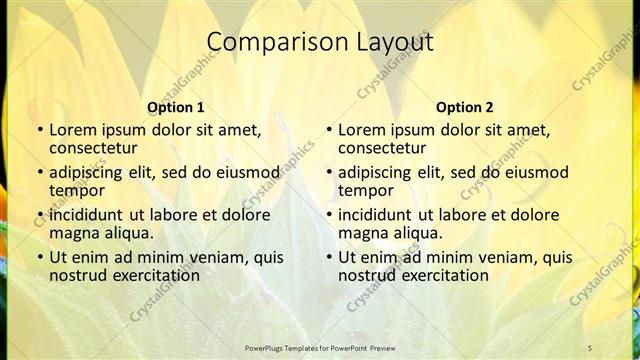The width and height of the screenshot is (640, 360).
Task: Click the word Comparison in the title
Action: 265,43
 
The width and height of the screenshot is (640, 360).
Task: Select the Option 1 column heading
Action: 176,107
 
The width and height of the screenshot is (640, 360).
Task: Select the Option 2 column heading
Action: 465,107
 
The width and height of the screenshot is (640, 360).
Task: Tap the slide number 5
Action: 590,347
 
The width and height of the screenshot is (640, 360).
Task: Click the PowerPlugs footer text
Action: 320,347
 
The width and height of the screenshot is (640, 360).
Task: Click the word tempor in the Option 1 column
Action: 77,190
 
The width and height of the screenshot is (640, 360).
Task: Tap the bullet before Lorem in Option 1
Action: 39,131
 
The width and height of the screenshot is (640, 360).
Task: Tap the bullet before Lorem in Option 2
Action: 328,131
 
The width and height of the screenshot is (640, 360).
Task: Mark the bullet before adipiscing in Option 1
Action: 39,173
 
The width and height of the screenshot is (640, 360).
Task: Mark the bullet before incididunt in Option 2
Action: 328,215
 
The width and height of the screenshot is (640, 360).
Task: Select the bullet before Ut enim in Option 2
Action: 328,257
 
